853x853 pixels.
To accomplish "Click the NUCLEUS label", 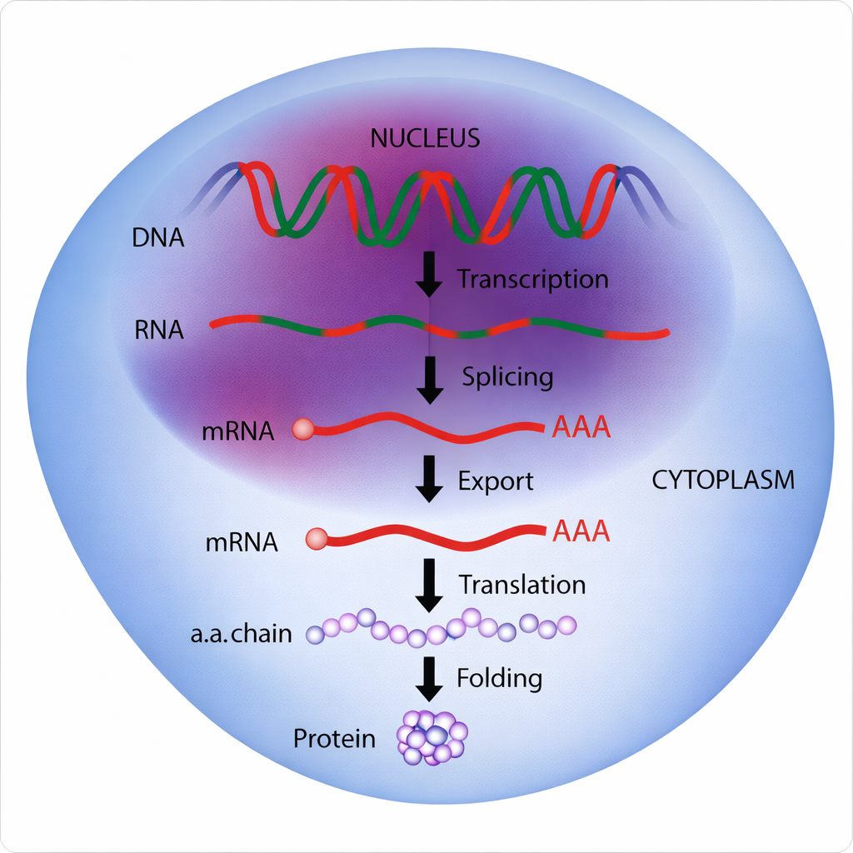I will tap(425, 137).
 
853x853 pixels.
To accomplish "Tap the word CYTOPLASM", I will tap(721, 480).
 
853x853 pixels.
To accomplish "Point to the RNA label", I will tap(158, 329).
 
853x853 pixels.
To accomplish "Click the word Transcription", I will tap(532, 279).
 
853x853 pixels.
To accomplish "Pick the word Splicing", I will tap(507, 377).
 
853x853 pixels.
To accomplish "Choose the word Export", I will tap(496, 481).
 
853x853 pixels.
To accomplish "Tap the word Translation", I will tap(522, 585).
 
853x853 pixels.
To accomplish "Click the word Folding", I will tap(499, 678).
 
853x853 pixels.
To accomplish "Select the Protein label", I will tap(334, 738).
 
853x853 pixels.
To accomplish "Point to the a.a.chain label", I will tap(241, 634).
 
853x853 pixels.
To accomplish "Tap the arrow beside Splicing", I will tap(429, 379).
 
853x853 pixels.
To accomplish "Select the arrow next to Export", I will tap(429, 479).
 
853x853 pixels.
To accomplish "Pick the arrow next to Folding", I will tap(429, 678).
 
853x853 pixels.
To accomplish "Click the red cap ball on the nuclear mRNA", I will tap(302, 430).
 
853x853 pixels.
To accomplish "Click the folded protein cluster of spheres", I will tap(432, 737).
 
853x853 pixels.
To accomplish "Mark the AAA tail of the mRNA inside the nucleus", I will tap(581, 428).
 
